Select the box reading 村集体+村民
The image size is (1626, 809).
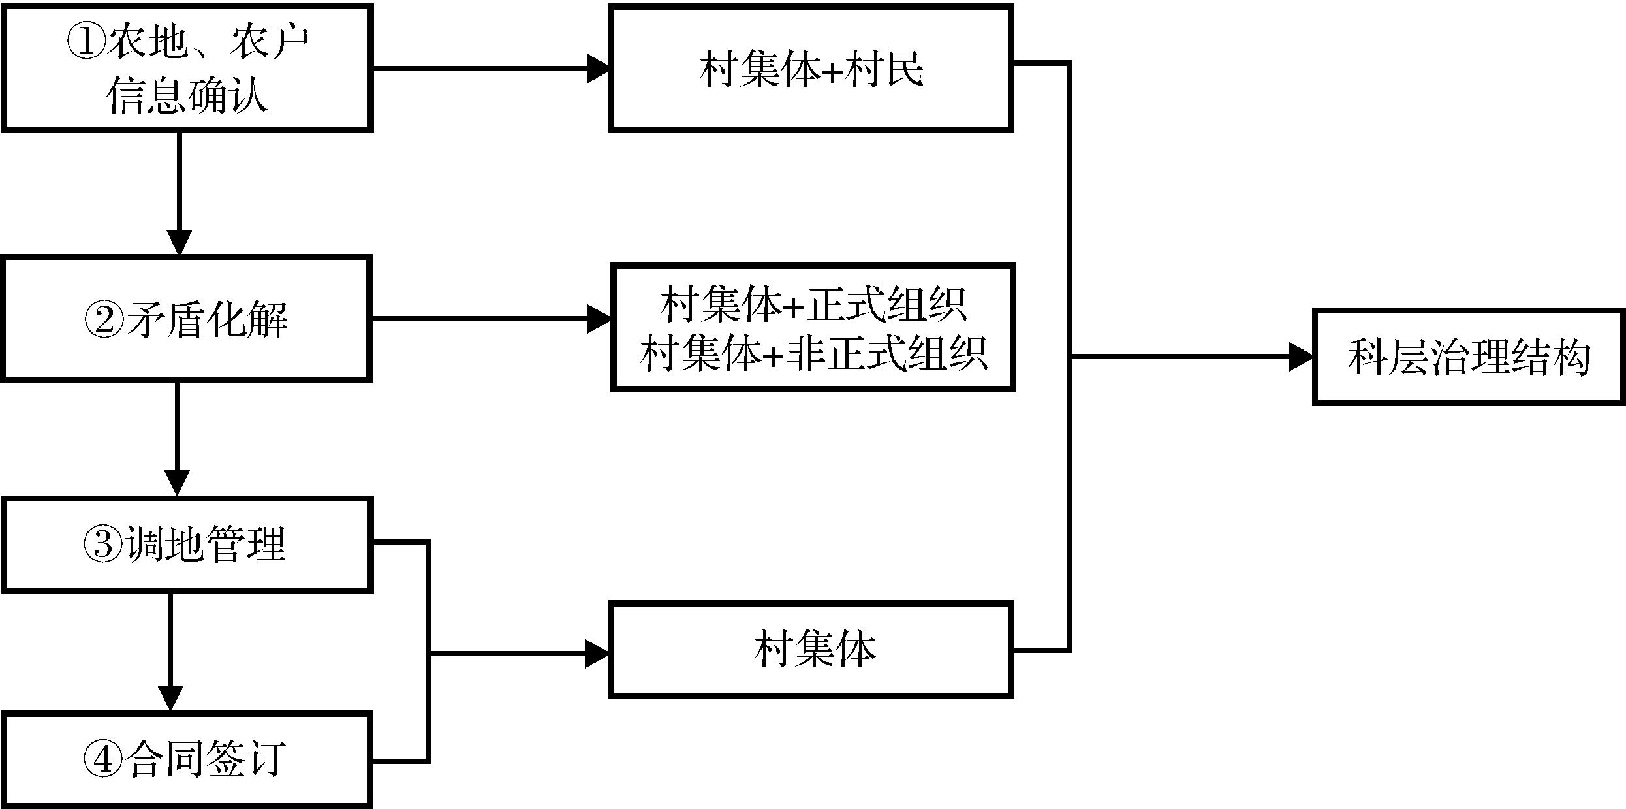pyautogui.click(x=811, y=69)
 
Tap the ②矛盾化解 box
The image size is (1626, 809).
pyautogui.click(x=187, y=319)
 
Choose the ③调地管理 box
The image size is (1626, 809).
pyautogui.click(x=187, y=545)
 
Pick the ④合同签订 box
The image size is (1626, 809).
pyautogui.click(x=187, y=759)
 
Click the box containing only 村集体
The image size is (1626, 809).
pyautogui.click(x=811, y=650)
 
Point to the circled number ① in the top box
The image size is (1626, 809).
pyautogui.click(x=86, y=43)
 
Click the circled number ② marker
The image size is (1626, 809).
pyautogui.click(x=104, y=321)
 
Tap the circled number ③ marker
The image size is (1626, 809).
pyautogui.click(x=102, y=545)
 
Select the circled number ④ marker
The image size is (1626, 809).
pyautogui.click(x=103, y=759)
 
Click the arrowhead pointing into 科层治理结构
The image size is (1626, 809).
pyautogui.click(x=1301, y=357)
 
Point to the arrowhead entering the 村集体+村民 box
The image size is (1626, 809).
pyautogui.click(x=598, y=69)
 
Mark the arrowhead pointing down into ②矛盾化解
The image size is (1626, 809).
pyautogui.click(x=179, y=243)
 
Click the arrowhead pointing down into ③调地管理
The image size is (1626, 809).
pyautogui.click(x=177, y=483)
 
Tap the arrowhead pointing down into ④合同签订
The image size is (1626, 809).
pyautogui.click(x=170, y=699)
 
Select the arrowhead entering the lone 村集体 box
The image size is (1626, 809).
pyautogui.click(x=597, y=653)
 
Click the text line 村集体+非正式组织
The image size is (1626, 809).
pyautogui.click(x=813, y=353)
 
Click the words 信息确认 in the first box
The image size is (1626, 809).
pyautogui.click(x=187, y=95)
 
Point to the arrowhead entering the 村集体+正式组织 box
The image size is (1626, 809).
pyautogui.click(x=599, y=319)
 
